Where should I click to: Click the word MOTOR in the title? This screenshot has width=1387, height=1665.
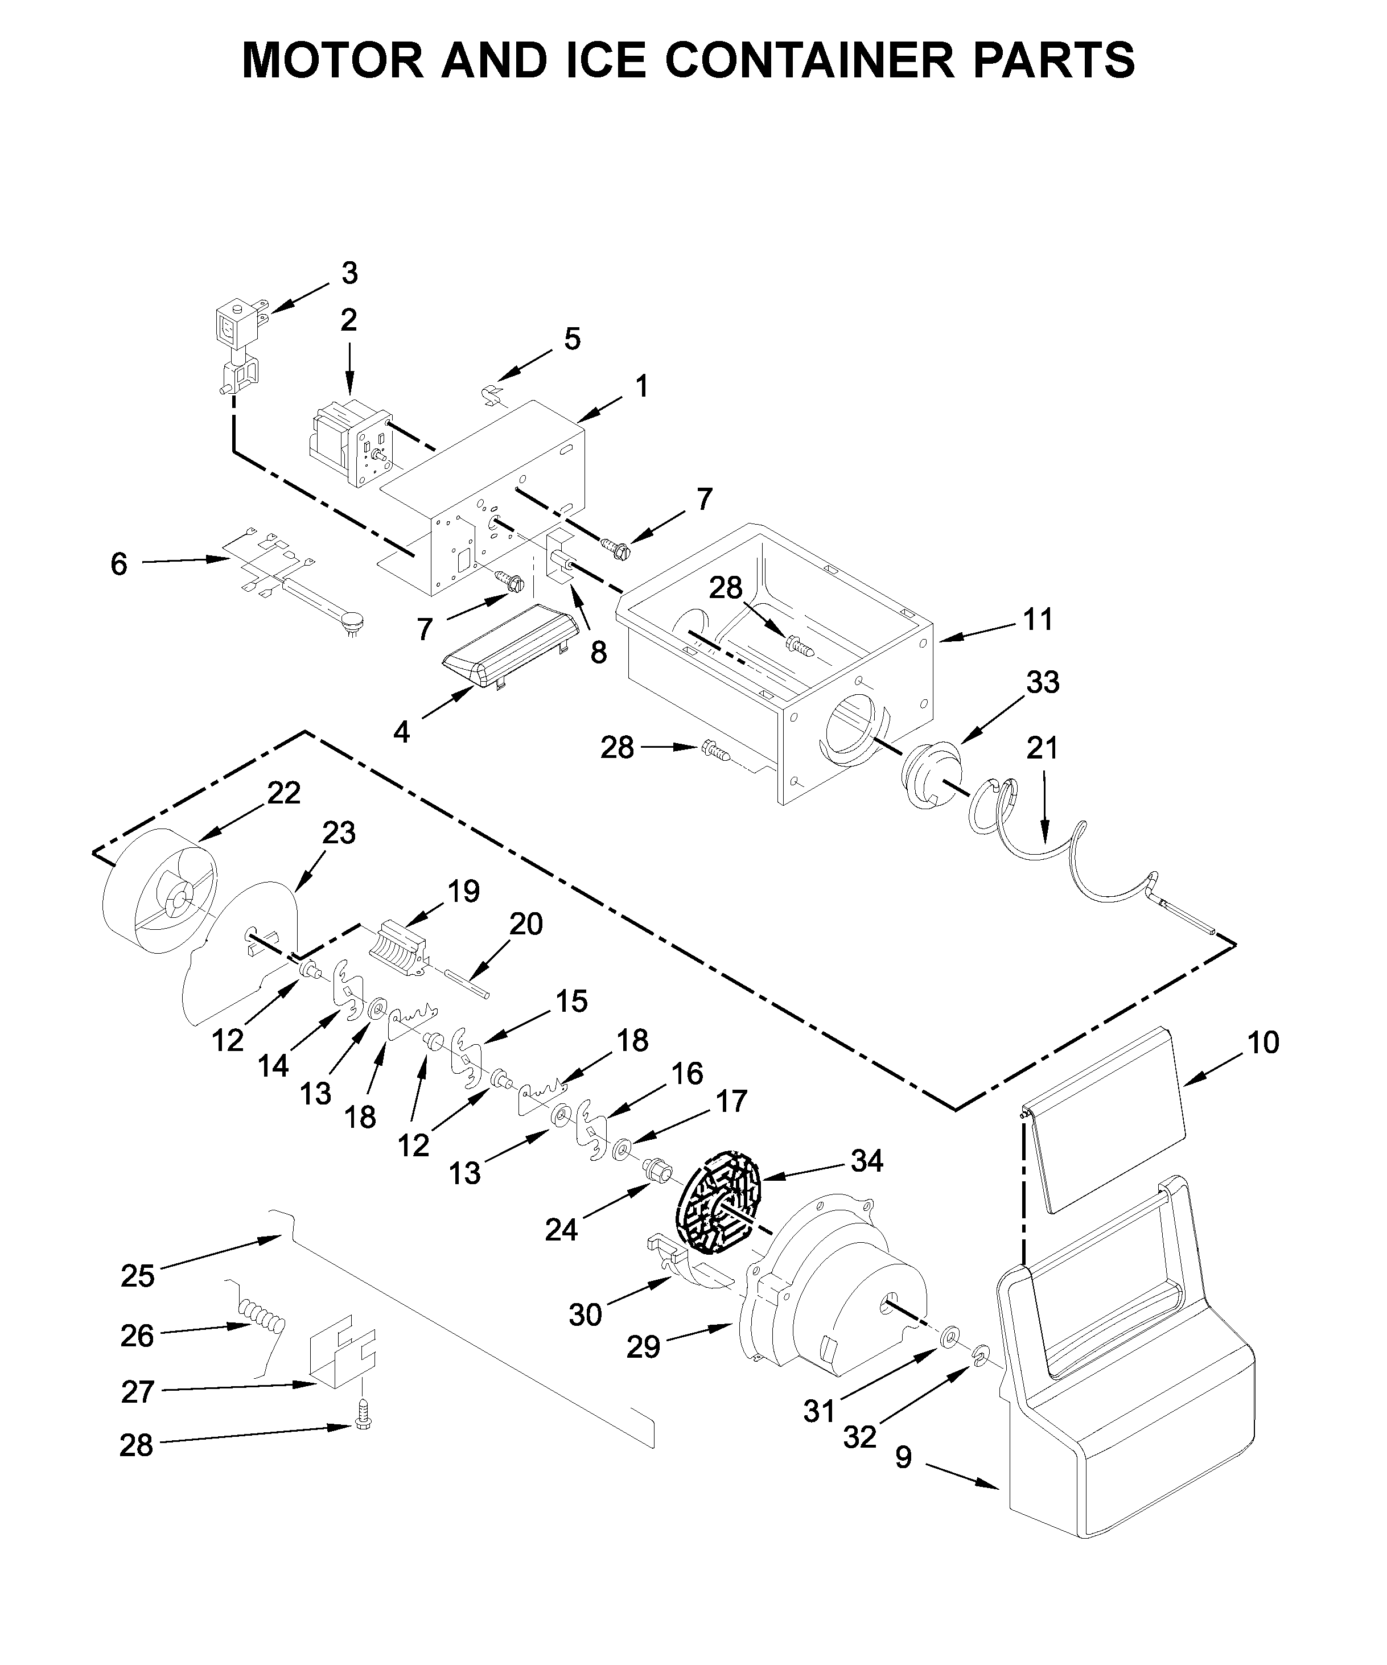point(333,59)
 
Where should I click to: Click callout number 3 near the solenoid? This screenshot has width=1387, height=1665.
point(349,274)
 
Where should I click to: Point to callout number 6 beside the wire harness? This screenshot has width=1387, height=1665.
point(118,564)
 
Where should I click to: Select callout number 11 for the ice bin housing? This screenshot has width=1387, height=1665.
point(1038,619)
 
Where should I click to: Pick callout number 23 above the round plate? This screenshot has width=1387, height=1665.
point(339,833)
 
